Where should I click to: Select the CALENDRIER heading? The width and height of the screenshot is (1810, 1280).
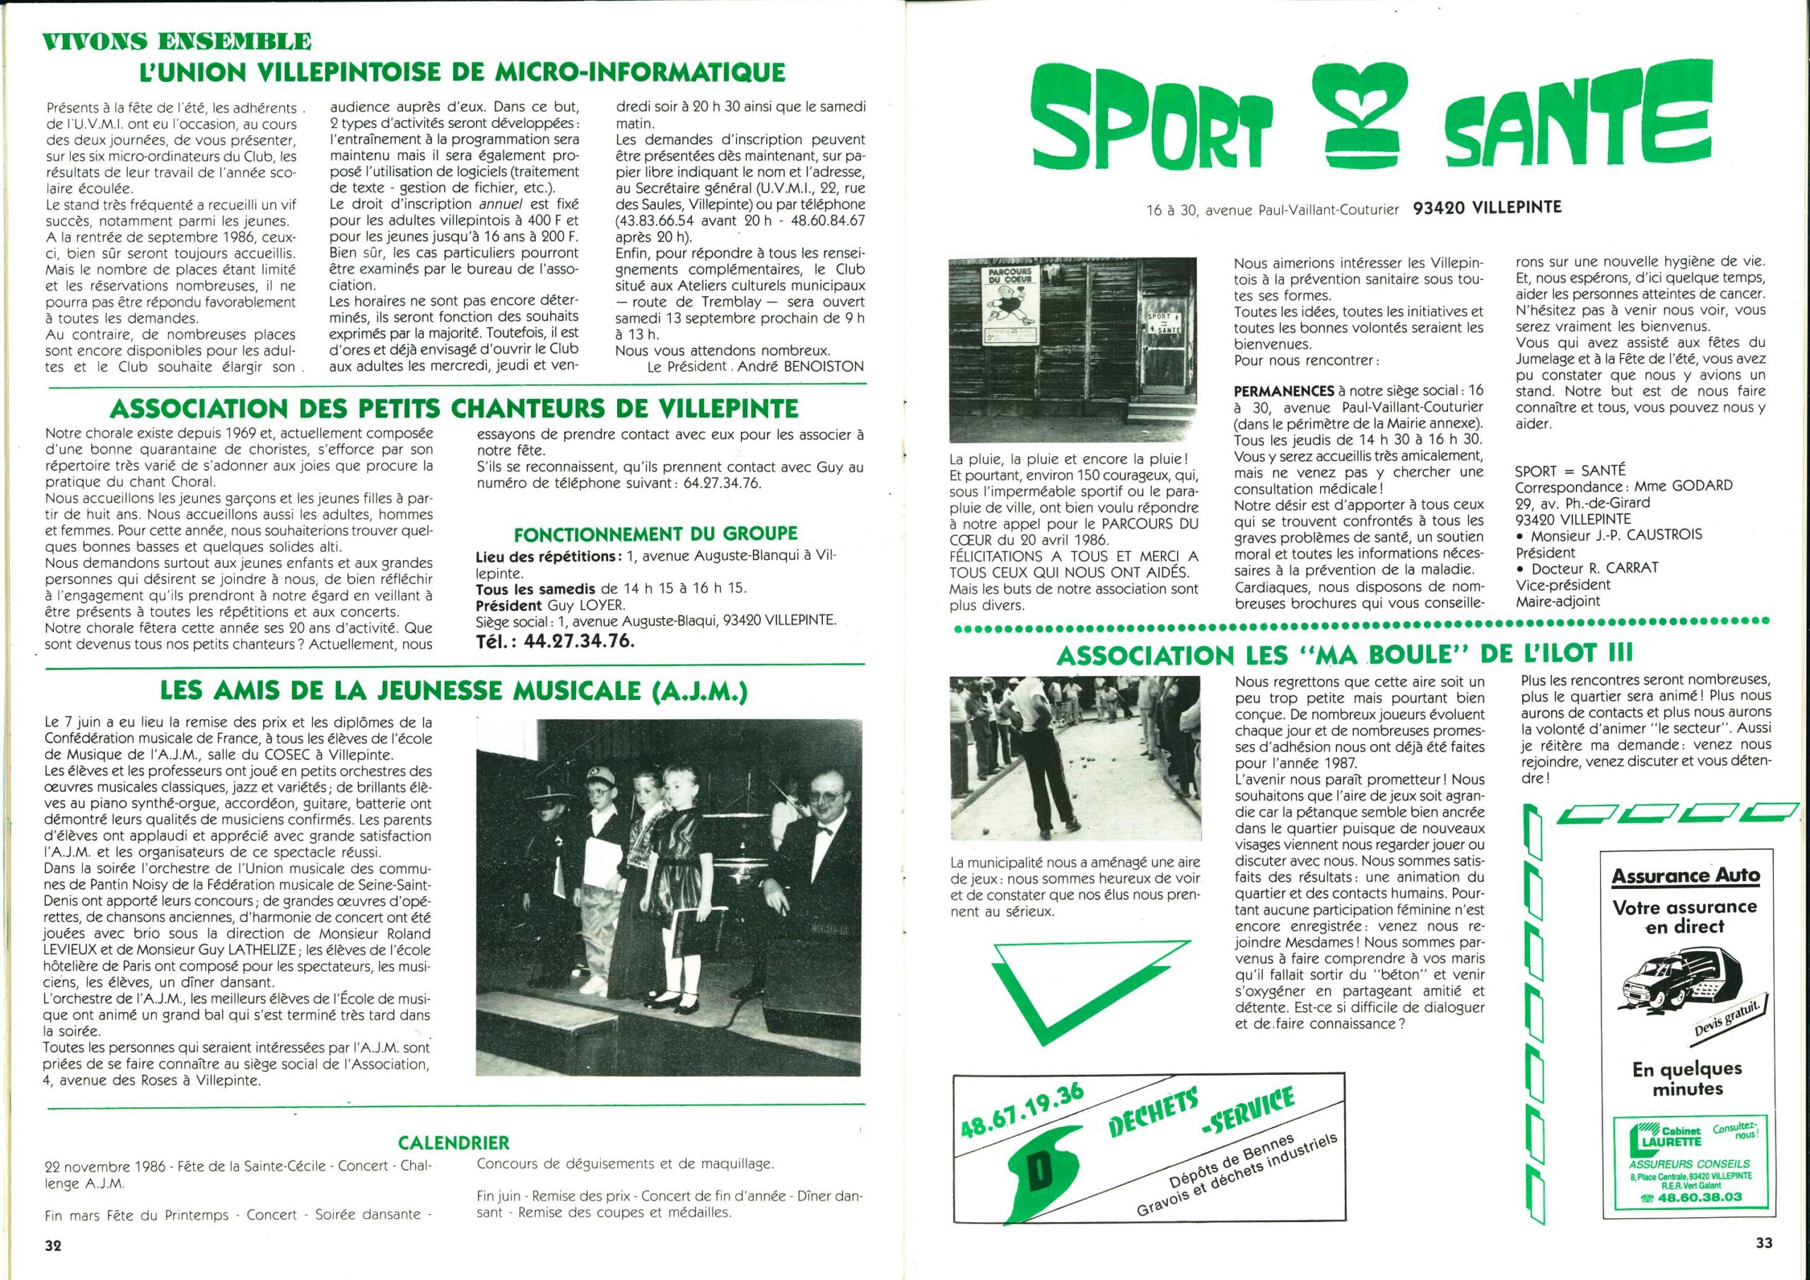[x=453, y=1142]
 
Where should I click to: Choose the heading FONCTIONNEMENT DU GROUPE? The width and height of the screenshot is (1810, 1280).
[x=655, y=534]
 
